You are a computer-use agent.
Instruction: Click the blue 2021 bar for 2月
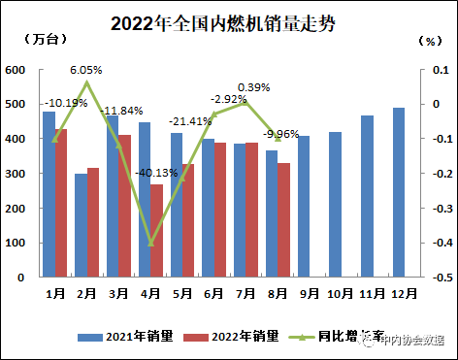click(81, 225)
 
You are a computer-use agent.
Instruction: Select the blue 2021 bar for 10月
click(336, 205)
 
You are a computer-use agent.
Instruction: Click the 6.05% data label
click(86, 71)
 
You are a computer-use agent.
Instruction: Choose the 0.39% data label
click(254, 87)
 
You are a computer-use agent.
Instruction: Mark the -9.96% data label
click(281, 134)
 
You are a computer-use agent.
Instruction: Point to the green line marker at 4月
click(150, 243)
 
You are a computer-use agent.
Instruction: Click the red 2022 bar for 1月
click(61, 203)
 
